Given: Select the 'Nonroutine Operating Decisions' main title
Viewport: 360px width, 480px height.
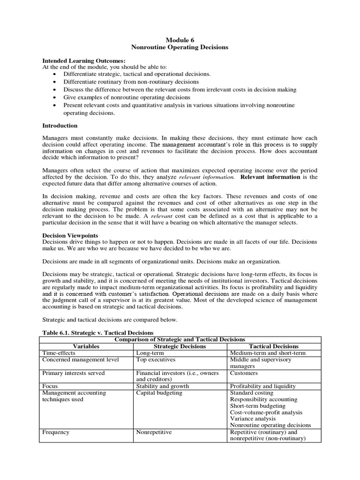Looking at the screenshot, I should (180, 48).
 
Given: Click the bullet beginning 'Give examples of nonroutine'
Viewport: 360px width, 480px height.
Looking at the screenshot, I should (127, 97).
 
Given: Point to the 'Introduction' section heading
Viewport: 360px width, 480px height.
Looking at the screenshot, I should (60, 126).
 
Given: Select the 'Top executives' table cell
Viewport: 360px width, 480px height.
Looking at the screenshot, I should (156, 360).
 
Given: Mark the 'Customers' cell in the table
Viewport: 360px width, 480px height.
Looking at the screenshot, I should (244, 373).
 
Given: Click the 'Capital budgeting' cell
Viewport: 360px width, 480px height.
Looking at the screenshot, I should (159, 393).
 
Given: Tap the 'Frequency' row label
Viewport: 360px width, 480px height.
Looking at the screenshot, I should (56, 432).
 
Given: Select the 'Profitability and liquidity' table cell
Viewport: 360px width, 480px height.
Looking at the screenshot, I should (263, 386).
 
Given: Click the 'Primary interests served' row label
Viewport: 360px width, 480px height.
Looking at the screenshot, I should (74, 373).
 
